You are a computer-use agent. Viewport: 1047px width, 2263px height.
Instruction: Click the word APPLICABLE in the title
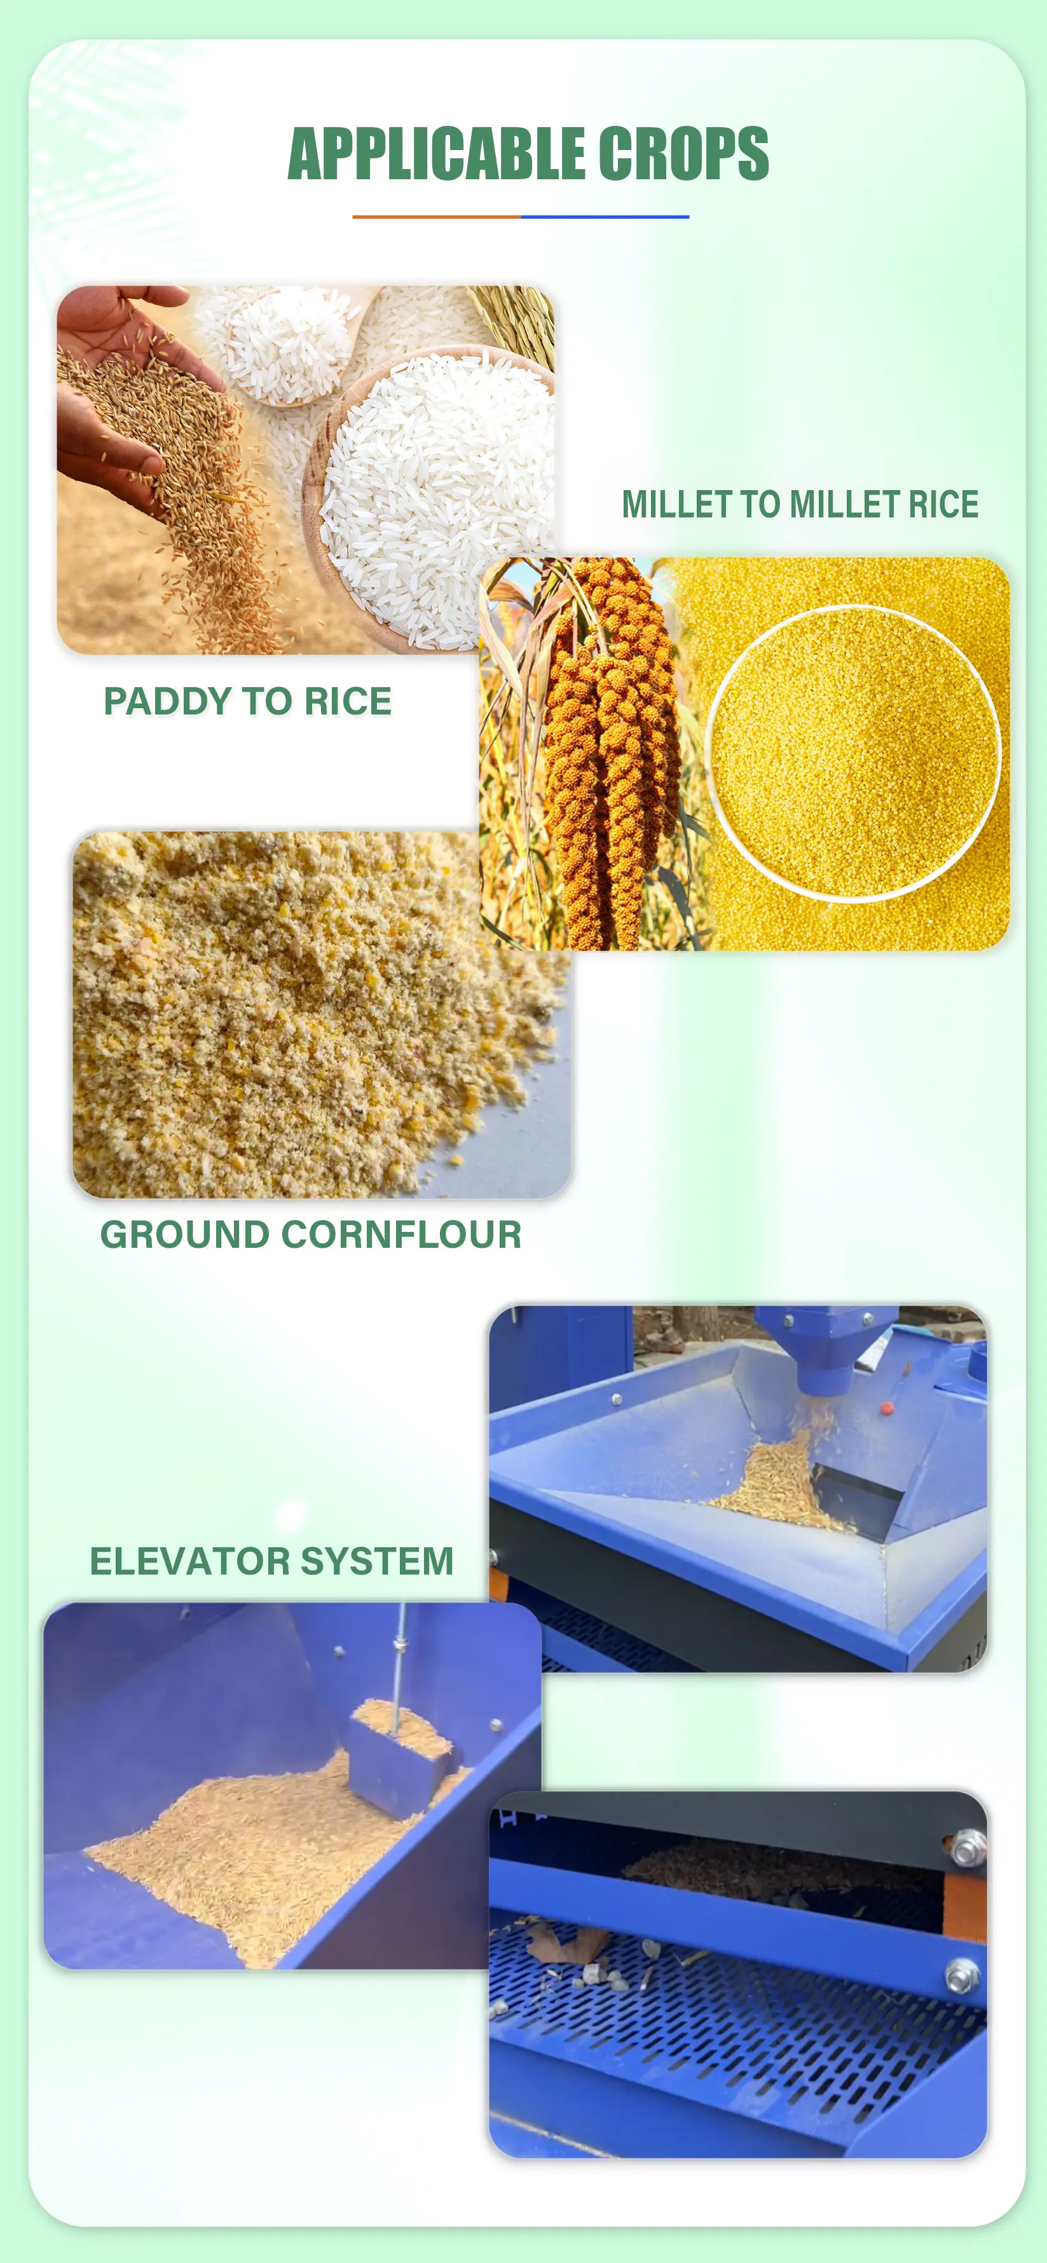click(437, 154)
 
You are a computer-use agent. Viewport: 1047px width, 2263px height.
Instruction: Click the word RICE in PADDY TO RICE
click(348, 701)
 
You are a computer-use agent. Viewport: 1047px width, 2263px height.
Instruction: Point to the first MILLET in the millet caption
click(676, 504)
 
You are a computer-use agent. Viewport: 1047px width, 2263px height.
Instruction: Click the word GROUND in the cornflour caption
click(184, 1234)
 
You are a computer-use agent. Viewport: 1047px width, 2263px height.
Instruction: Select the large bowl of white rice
click(430, 492)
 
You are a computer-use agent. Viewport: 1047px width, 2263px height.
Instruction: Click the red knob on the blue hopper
click(886, 1408)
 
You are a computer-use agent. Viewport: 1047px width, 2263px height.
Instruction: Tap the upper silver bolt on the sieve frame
click(966, 1849)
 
